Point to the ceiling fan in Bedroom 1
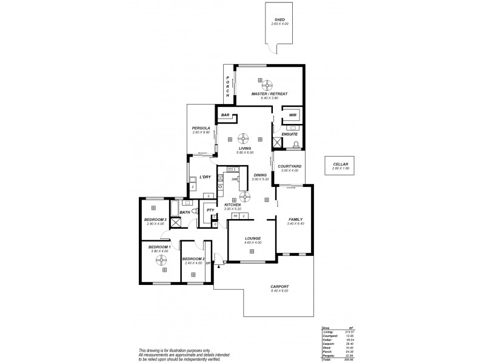point(161,260)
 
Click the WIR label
point(292,114)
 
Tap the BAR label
point(225,114)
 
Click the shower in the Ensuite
point(278,143)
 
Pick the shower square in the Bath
point(176,222)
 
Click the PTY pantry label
point(210,210)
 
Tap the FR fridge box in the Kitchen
point(234,215)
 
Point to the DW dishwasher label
point(234,179)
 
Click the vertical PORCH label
point(228,87)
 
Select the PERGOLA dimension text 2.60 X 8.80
point(201,132)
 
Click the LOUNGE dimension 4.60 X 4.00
point(253,242)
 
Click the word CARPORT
point(280,287)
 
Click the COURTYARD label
point(286,166)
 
